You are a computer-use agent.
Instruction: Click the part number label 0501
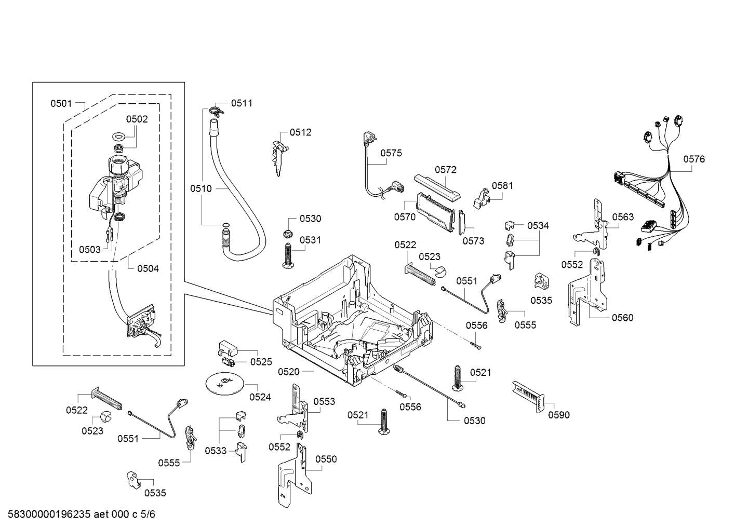61,104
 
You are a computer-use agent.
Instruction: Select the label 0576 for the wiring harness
694,159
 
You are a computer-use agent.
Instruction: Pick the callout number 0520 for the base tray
289,372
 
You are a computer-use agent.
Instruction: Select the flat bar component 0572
437,188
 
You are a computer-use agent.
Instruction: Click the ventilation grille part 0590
529,397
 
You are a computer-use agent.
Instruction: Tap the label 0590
559,415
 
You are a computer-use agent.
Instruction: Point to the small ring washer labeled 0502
119,137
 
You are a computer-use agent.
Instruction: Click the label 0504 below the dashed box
148,268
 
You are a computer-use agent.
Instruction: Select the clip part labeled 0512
279,158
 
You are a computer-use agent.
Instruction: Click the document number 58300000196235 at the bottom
49,514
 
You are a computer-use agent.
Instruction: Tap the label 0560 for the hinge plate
623,318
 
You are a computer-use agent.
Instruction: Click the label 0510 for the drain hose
201,188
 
